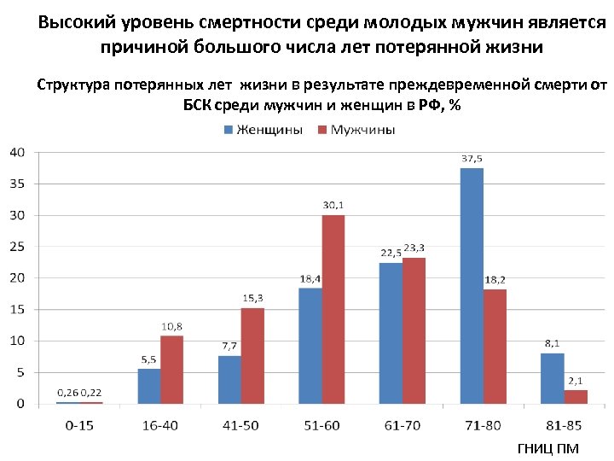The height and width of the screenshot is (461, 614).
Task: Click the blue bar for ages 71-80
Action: point(472,286)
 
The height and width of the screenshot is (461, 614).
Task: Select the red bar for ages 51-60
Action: point(333,309)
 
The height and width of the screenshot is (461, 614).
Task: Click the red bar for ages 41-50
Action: point(252,355)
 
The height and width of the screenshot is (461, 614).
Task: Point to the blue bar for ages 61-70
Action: point(391,333)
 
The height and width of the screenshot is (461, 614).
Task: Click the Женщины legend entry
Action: point(264,130)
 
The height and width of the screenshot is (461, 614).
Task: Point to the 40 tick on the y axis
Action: point(17,153)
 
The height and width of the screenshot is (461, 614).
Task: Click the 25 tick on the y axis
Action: point(17,247)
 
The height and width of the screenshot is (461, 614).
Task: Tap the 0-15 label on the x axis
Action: point(78,425)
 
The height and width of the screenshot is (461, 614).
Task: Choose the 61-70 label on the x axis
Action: point(402,425)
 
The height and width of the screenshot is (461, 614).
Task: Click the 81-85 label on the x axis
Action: point(563,425)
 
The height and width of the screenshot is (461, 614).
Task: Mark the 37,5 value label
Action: point(472,159)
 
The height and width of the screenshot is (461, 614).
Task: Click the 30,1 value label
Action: point(333,205)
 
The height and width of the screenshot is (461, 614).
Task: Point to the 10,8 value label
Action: point(172,326)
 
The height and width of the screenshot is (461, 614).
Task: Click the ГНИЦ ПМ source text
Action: point(547,447)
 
